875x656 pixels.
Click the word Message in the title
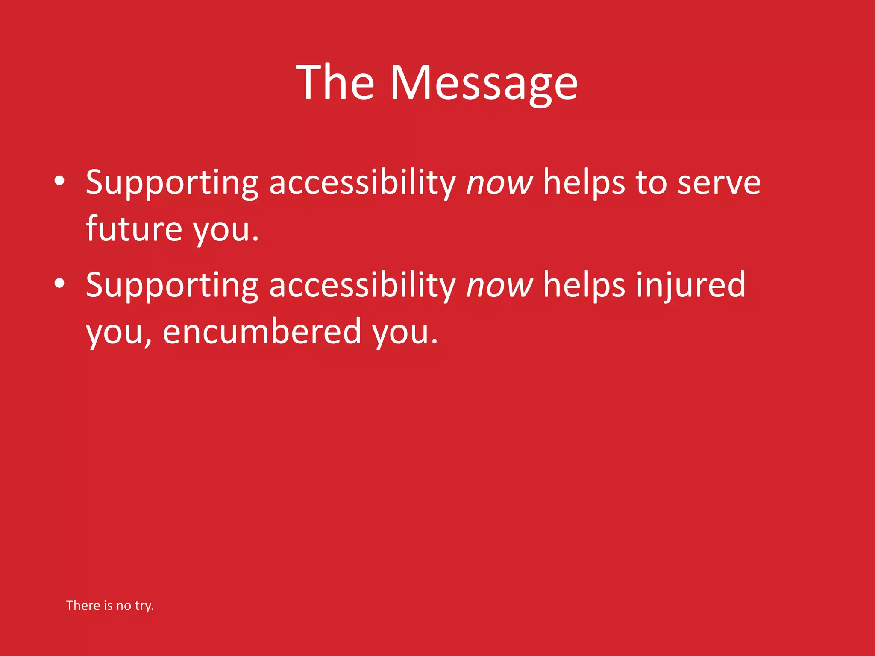484,83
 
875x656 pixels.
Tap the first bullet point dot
59,181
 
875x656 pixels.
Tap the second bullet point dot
59,283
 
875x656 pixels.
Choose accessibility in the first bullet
362,183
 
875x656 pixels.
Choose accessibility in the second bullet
362,285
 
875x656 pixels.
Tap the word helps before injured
584,285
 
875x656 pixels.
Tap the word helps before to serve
584,183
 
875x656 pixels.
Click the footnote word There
83,606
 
